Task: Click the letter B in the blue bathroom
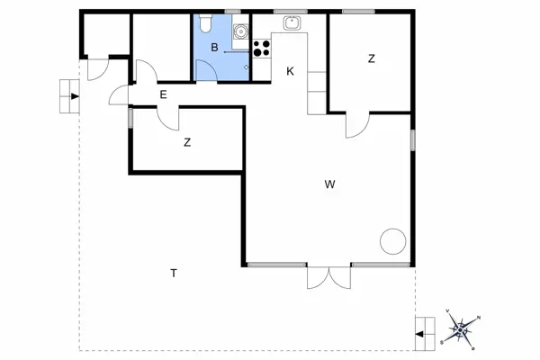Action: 214,47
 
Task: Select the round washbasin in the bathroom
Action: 240,32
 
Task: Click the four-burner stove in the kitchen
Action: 262,48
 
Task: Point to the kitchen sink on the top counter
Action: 291,23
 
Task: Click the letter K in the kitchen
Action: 290,71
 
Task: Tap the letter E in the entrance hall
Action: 163,94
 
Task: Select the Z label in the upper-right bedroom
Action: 371,59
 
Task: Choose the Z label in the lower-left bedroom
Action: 187,142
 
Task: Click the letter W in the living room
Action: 330,184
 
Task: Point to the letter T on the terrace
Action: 172,273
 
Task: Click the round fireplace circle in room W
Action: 392,241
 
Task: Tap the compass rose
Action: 461,329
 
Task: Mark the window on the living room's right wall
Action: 412,140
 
